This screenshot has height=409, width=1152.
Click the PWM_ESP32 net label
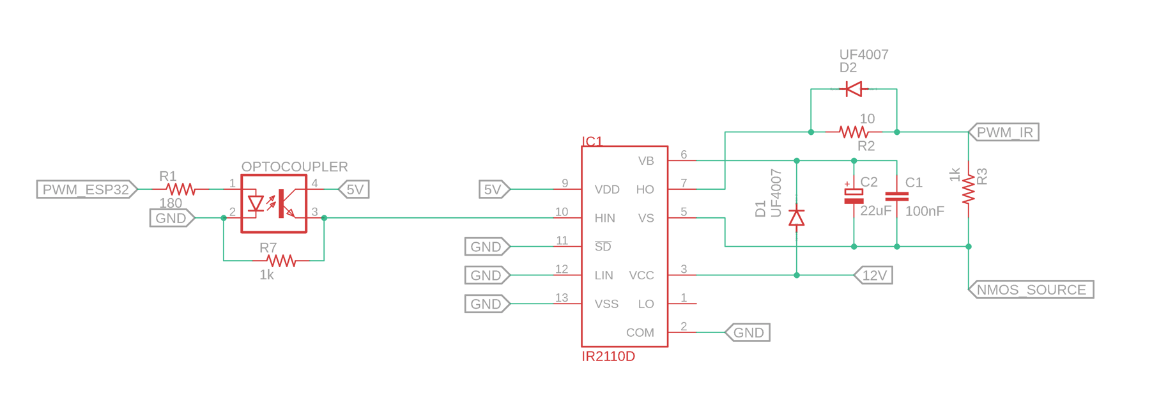point(87,189)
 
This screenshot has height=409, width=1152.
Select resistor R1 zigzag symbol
point(181,189)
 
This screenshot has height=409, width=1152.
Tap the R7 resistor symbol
point(281,261)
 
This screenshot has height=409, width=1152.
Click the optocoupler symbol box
point(274,204)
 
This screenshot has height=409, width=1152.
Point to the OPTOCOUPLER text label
point(295,167)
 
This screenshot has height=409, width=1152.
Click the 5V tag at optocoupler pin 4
point(354,189)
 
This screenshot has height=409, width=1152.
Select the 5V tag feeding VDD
point(495,189)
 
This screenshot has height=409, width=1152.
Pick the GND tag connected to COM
point(748,332)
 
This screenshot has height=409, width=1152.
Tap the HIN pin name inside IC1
point(604,218)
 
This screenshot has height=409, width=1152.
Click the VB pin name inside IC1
point(646,161)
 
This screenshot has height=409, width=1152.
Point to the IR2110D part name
point(608,357)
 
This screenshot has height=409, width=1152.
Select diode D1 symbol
point(796,218)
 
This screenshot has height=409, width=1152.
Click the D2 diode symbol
point(854,89)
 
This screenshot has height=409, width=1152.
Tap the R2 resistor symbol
point(854,132)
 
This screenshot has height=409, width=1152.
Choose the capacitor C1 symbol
point(896,196)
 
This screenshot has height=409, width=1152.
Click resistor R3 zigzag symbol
point(969,189)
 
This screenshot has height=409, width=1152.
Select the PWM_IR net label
point(1004,132)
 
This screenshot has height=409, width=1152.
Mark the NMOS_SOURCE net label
point(1031,289)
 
